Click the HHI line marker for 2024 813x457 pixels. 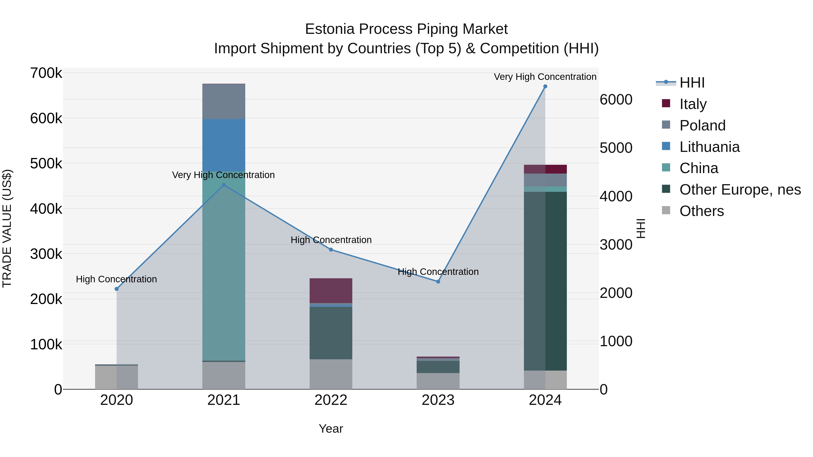coord(545,86)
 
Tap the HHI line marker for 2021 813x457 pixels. coord(224,185)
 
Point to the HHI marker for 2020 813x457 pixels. coord(117,289)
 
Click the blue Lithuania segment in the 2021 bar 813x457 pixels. coord(224,145)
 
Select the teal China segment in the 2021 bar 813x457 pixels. coord(224,268)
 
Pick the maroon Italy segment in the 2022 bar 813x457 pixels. coord(331,290)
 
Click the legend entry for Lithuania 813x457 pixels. coord(709,147)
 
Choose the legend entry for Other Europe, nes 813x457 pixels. coord(740,190)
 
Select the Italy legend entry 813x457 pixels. coord(693,104)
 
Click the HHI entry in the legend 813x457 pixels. coord(692,83)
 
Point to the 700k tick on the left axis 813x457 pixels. coord(46,73)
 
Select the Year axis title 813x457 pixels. coord(331,429)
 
